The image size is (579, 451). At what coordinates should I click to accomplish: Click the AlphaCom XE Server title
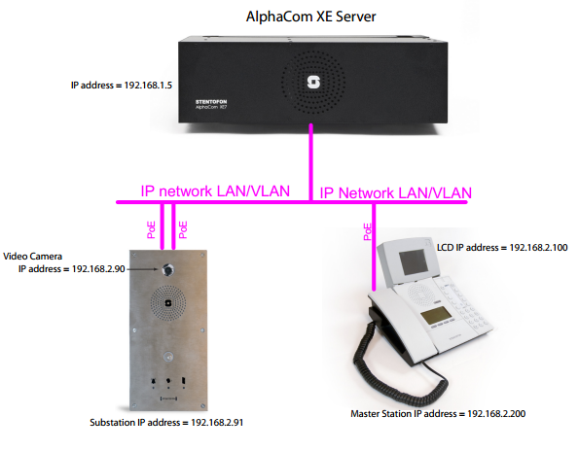(x=311, y=17)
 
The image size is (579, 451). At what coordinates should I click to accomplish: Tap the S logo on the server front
(x=313, y=83)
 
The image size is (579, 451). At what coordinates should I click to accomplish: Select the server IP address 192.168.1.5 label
(x=122, y=86)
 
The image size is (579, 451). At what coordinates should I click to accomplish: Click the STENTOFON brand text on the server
(x=211, y=101)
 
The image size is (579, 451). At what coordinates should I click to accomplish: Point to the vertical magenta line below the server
(x=311, y=162)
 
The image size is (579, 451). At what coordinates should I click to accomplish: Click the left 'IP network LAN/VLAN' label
(x=215, y=191)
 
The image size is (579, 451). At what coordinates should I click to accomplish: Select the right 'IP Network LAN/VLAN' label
(x=395, y=192)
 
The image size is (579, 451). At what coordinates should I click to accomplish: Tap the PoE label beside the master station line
(x=368, y=231)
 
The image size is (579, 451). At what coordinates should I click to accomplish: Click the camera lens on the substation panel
(x=168, y=270)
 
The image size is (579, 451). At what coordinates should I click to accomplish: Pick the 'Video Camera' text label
(x=32, y=257)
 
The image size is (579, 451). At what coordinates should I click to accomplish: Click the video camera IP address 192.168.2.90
(x=72, y=269)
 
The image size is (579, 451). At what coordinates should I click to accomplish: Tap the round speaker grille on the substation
(x=168, y=303)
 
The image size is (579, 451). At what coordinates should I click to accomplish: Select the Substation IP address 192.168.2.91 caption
(x=166, y=422)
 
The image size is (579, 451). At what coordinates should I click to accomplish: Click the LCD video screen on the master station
(x=414, y=261)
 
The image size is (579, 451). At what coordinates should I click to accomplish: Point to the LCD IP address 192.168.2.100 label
(x=502, y=248)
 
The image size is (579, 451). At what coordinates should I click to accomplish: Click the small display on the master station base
(x=437, y=316)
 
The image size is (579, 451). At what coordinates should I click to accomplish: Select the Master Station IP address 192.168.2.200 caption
(x=438, y=414)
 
